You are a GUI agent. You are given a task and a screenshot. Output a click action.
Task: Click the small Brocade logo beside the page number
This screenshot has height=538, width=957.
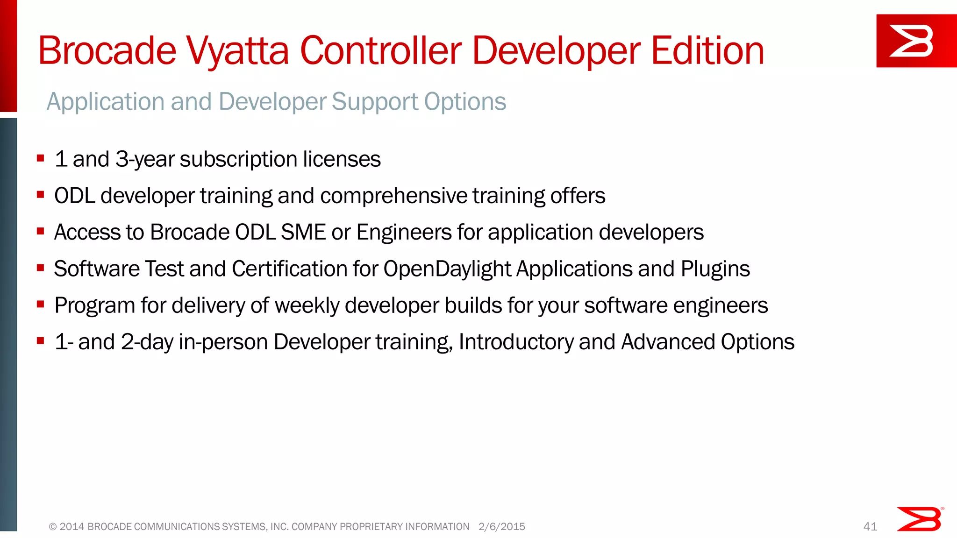[x=919, y=519]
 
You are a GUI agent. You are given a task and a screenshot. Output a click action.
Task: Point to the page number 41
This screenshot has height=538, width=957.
[x=870, y=527]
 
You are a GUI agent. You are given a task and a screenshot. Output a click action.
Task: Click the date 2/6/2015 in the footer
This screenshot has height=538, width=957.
[x=501, y=527]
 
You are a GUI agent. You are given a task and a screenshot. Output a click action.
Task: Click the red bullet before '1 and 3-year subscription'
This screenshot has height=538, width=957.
[x=41, y=158]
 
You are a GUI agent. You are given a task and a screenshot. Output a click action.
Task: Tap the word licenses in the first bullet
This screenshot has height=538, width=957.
[x=342, y=159]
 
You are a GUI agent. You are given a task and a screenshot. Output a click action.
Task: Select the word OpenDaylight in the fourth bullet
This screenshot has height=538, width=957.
[x=447, y=269]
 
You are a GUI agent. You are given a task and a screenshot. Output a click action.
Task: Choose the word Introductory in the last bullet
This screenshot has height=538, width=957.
[x=516, y=342]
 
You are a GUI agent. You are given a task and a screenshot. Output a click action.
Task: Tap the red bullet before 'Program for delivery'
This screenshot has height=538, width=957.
[x=41, y=304]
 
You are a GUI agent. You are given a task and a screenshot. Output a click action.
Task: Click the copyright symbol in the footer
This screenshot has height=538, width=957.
[x=53, y=527]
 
